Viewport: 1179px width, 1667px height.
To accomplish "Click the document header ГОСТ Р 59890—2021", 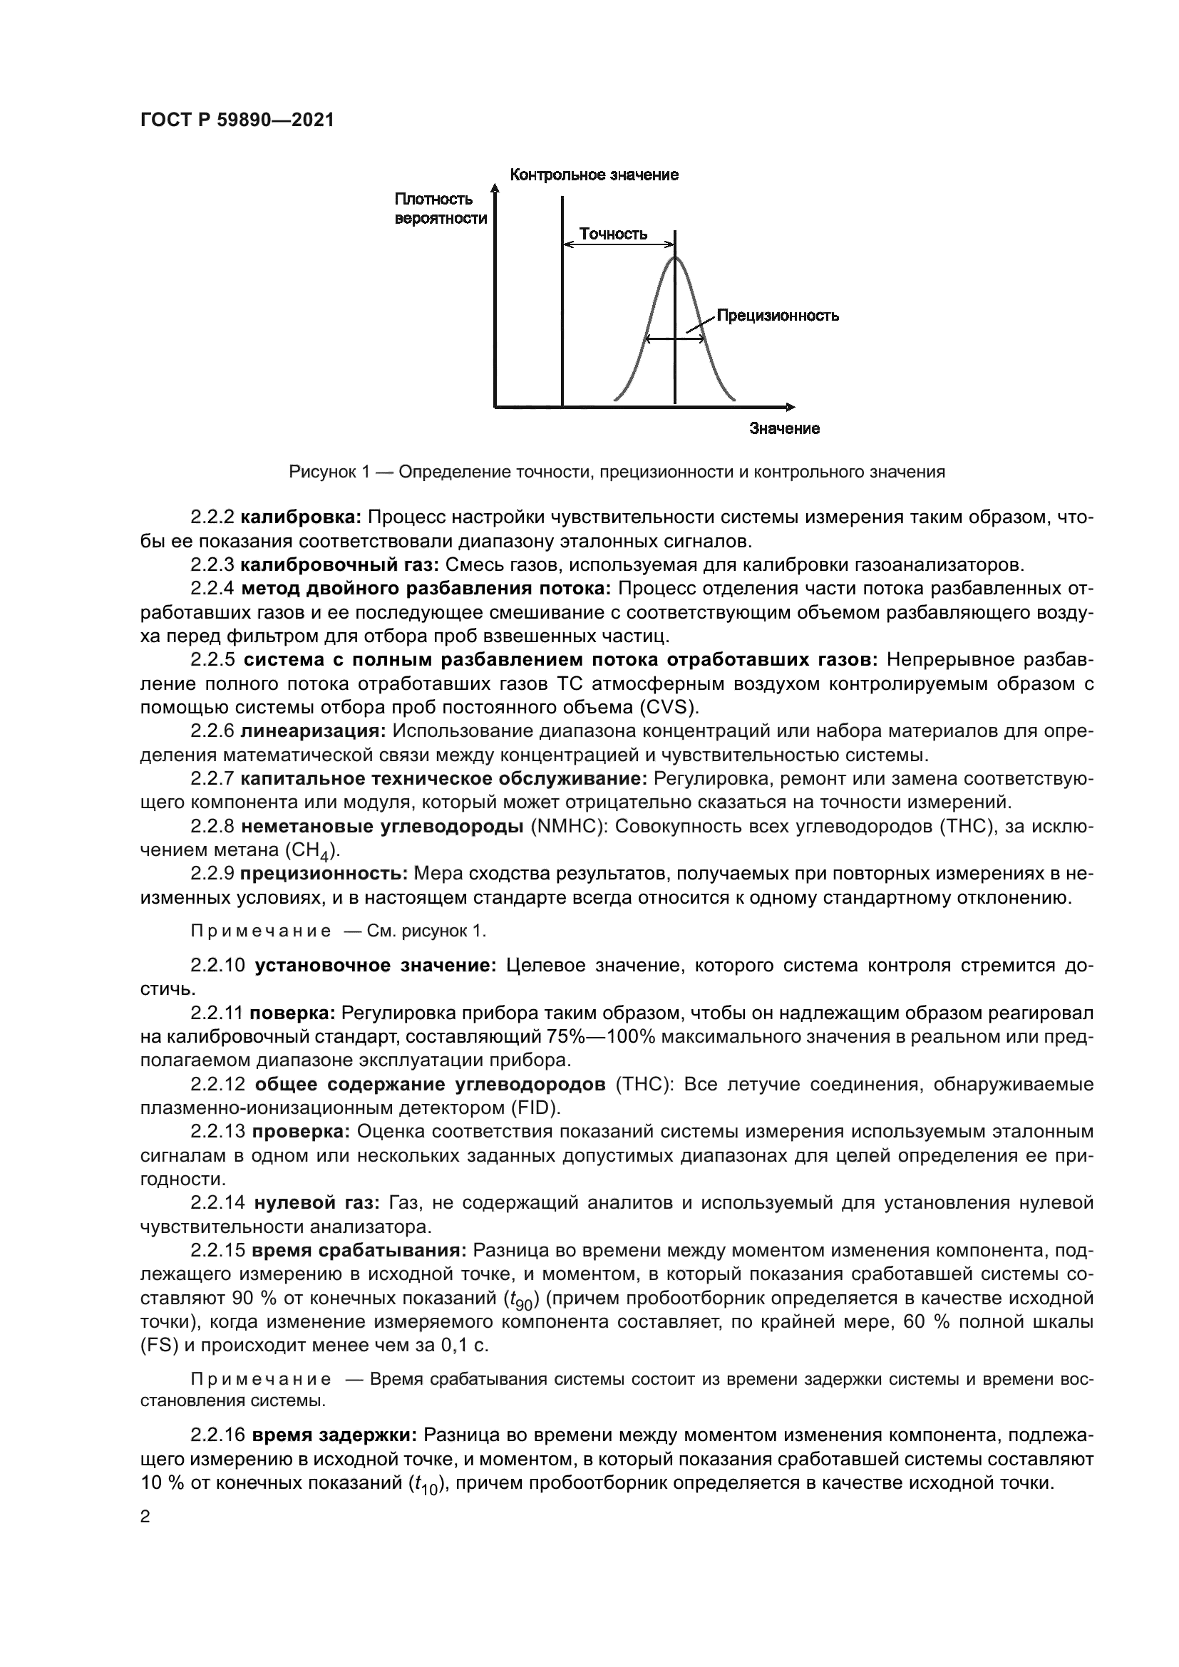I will point(237,120).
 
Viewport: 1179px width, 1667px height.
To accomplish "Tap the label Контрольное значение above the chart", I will point(594,175).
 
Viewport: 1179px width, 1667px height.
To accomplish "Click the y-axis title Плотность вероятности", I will point(441,208).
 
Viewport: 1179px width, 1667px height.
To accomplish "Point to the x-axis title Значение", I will point(784,428).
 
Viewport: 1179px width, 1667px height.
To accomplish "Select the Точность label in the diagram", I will point(613,234).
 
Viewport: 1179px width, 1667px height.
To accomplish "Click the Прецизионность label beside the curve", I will point(778,316).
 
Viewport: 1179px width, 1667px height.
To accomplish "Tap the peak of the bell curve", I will point(675,257).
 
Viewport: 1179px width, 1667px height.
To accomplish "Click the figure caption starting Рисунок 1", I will point(617,472).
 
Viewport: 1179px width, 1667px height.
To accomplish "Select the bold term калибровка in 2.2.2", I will point(301,517).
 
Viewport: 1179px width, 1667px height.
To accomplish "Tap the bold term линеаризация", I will point(314,731).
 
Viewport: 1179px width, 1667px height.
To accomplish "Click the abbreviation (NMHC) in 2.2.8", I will point(570,826).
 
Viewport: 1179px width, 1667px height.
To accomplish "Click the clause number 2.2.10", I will point(218,966).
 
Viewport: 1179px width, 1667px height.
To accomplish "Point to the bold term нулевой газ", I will point(316,1203).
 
